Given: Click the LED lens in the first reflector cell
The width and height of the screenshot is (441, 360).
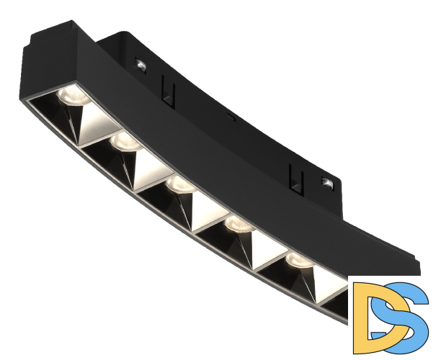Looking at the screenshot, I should (x=73, y=96).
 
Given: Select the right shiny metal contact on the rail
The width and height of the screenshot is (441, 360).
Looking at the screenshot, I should (x=326, y=184).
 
